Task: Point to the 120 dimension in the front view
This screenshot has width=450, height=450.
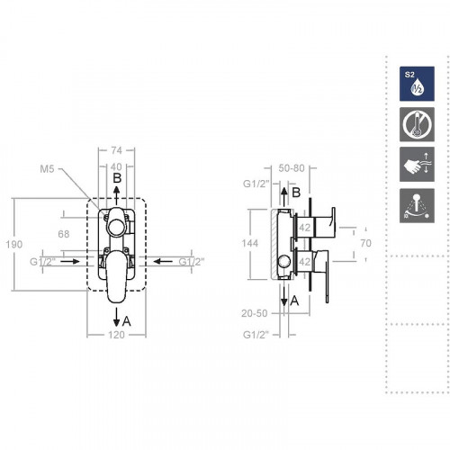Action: coord(115,334)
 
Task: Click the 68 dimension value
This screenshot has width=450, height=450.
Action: coord(63,235)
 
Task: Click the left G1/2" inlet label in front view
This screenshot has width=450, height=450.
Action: coord(42,262)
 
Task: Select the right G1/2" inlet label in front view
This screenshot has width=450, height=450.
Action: coord(192,262)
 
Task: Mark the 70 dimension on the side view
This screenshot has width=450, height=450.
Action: coord(365,243)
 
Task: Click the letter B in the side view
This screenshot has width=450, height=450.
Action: coord(295,192)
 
